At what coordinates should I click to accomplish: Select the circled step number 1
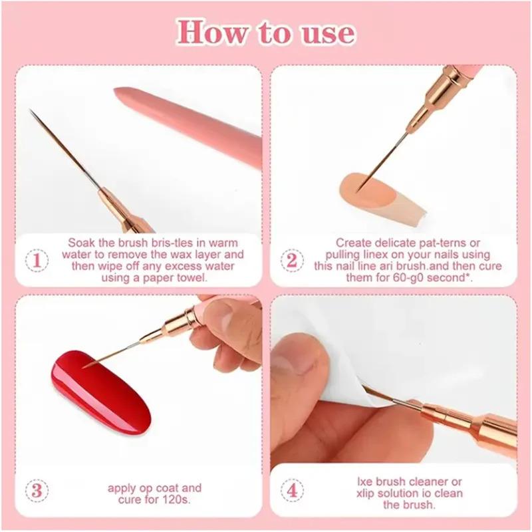(37, 259)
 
